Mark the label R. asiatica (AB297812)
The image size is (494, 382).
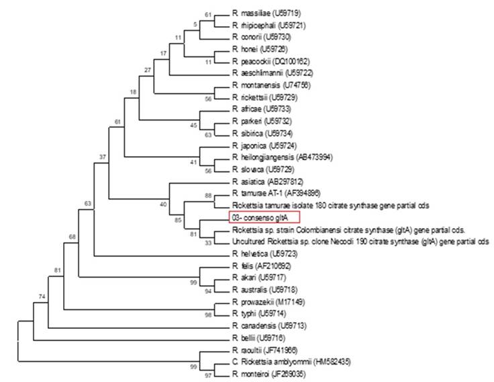click(x=264, y=182)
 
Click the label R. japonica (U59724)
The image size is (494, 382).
click(x=260, y=145)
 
